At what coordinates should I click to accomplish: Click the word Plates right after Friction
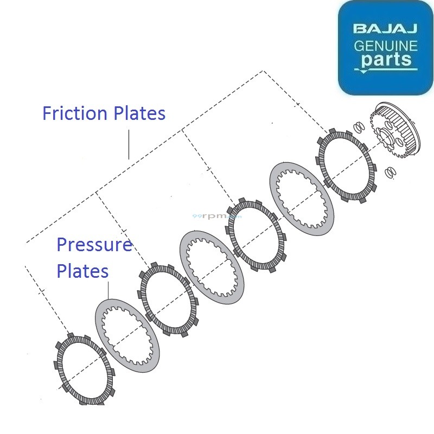(140, 113)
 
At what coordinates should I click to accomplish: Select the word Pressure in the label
(94, 245)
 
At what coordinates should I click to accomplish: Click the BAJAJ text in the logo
(385, 28)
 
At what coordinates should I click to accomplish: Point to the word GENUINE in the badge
(385, 46)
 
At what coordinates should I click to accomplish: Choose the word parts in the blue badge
(386, 59)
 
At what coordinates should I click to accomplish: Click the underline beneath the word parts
(386, 69)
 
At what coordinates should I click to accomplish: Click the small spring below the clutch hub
(388, 173)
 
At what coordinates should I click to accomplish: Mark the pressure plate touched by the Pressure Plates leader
(127, 335)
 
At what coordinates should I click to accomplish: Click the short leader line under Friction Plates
(129, 144)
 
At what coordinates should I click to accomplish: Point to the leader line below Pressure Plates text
(108, 290)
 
